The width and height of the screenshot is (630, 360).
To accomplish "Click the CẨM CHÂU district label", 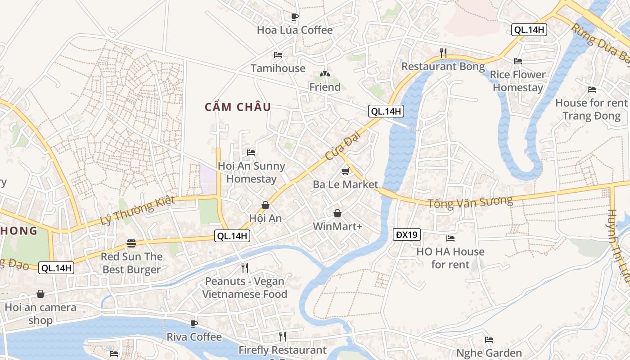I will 238,107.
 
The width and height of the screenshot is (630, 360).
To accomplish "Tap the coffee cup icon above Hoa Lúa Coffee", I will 295,17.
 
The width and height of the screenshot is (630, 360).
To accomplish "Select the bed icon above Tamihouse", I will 278,55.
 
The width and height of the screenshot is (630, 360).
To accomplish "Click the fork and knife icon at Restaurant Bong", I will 443,53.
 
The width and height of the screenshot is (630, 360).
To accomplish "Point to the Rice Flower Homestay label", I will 517,81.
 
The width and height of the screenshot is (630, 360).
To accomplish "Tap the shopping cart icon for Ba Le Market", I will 345,171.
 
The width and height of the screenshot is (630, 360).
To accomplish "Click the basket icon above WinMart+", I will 337,213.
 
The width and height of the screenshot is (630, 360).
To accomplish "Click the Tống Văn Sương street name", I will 470,202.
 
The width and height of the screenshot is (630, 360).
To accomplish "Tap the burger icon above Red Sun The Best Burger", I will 131,243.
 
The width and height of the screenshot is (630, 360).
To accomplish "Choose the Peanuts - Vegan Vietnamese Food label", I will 244,288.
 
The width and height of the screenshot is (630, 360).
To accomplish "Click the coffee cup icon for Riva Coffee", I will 194,324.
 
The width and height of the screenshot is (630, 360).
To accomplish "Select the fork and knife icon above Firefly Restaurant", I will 283,336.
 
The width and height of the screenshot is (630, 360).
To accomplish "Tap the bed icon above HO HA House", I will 450,238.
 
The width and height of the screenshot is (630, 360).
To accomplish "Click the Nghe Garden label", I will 489,353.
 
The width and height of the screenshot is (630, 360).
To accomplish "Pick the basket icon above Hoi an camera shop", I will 40,294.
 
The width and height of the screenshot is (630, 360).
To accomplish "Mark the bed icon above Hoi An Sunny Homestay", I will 251,153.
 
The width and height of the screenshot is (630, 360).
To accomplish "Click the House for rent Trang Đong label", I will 591,109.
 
